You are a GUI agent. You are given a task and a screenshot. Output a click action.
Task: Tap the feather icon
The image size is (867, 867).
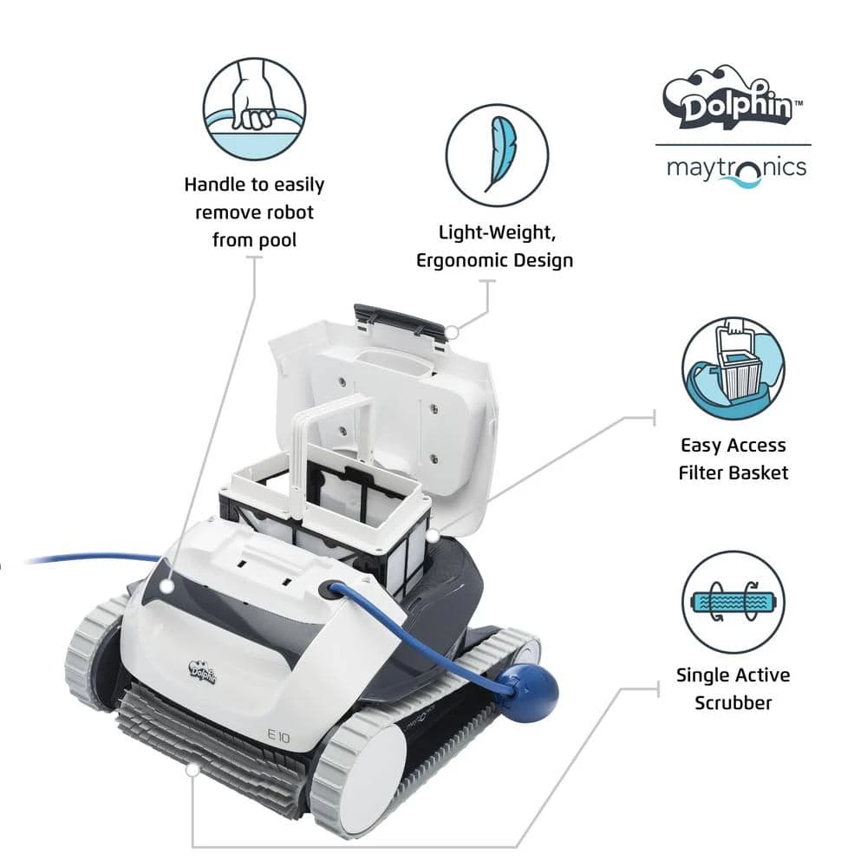(x=497, y=155)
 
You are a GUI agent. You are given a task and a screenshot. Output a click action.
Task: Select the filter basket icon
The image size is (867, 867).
(x=733, y=368)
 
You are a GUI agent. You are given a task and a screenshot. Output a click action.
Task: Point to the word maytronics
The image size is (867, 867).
(x=736, y=167)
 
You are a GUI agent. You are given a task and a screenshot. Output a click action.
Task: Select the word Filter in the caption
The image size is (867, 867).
(x=707, y=473)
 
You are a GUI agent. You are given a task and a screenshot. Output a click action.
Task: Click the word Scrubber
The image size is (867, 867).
(x=733, y=702)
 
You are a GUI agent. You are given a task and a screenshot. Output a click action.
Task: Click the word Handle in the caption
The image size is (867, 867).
(x=217, y=185)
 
